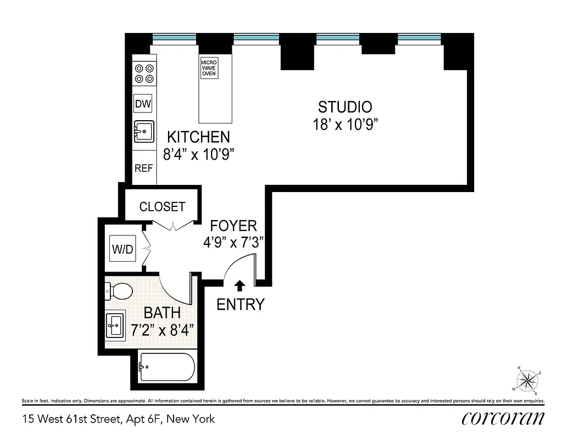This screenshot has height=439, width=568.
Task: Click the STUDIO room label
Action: (345, 106)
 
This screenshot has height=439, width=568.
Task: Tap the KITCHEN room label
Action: (198, 137)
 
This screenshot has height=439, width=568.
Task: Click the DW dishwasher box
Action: (143, 103)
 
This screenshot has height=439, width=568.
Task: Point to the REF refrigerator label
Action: (143, 168)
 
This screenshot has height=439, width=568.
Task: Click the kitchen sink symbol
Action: (143, 132)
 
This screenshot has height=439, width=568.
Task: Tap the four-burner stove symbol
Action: (144, 74)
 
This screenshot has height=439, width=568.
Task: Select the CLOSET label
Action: (162, 207)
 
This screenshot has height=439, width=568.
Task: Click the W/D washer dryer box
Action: (122, 249)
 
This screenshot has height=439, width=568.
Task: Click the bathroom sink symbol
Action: (115, 325)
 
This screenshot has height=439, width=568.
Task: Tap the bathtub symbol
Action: (166, 367)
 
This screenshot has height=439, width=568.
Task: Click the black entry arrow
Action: (240, 285)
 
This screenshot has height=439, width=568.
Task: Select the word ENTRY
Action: (241, 304)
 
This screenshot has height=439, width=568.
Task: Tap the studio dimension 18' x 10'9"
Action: (345, 125)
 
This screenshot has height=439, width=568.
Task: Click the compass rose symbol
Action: (528, 380)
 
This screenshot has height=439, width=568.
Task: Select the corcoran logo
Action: (503, 419)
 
